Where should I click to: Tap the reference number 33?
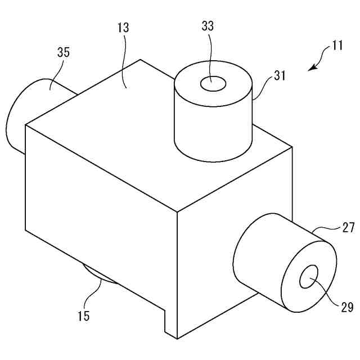(x=208, y=25)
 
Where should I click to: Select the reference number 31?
(x=279, y=75)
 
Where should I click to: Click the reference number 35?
(x=64, y=53)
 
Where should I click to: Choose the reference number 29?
(x=346, y=307)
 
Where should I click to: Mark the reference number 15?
(x=83, y=316)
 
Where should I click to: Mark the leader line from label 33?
(x=210, y=56)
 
